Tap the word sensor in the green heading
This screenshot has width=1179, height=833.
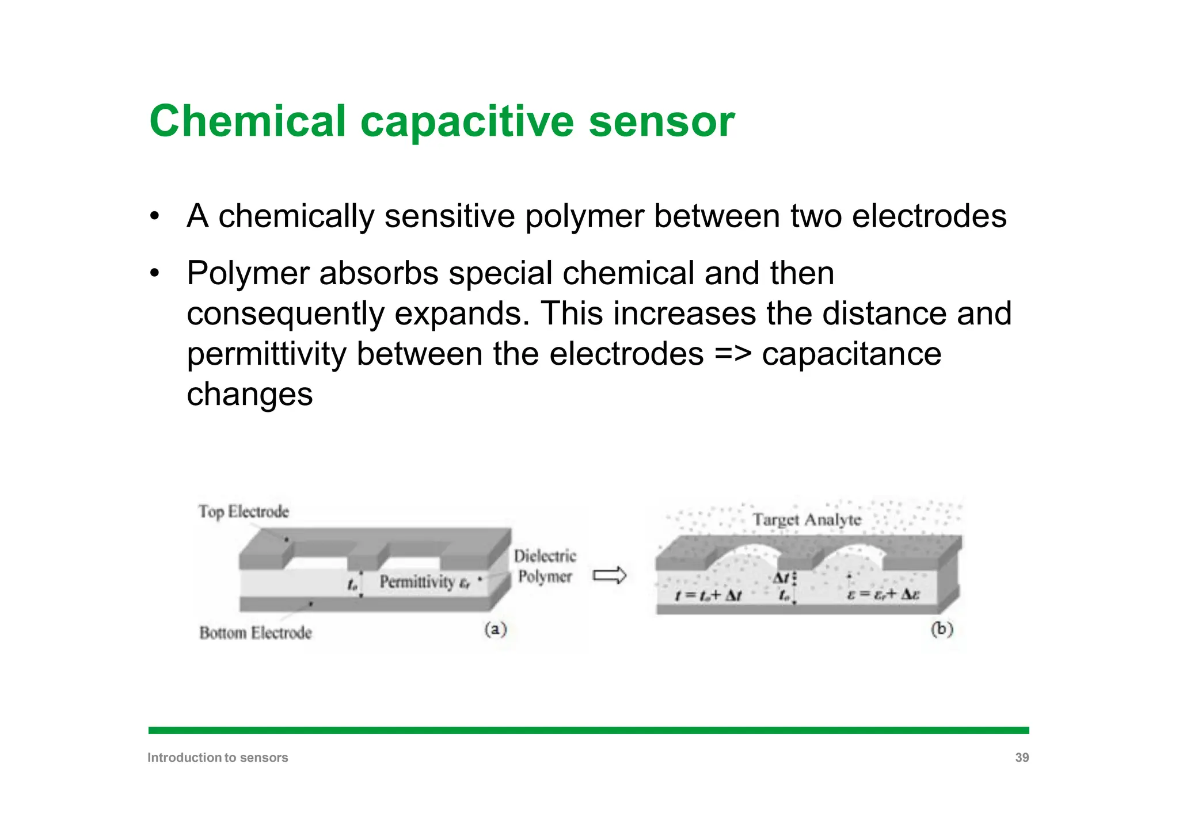[661, 121]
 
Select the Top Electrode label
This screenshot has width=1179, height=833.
[244, 511]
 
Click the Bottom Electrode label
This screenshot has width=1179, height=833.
[256, 633]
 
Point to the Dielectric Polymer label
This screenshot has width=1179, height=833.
[545, 566]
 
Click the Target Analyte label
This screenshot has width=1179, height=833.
[807, 520]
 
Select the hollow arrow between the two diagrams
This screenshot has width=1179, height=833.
[610, 575]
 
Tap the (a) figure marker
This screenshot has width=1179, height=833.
[495, 629]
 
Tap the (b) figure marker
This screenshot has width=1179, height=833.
[942, 629]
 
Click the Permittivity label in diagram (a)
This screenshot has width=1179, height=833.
[417, 582]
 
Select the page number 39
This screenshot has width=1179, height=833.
[1021, 758]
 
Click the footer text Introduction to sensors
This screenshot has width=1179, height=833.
[218, 758]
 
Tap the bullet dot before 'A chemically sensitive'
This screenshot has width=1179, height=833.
[154, 217]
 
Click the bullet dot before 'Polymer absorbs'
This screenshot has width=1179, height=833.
[154, 273]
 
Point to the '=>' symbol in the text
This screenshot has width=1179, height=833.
[732, 353]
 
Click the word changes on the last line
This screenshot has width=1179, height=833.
[249, 394]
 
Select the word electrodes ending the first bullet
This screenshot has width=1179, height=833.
[929, 217]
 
